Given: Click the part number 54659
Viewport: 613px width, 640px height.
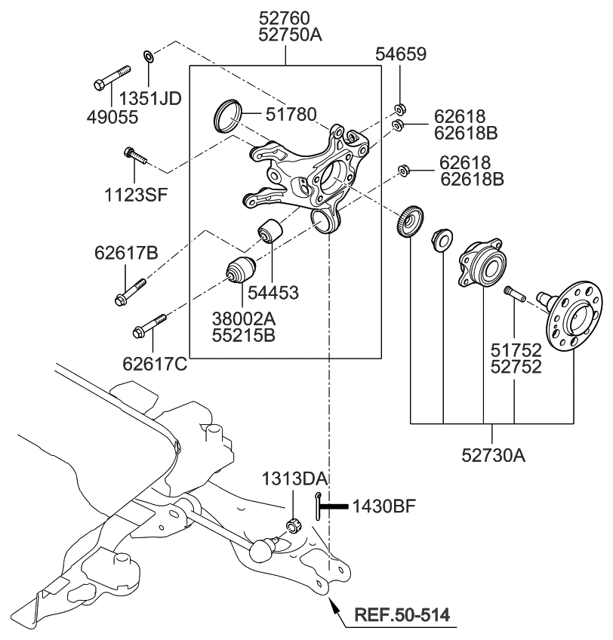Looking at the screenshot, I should [x=401, y=54].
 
